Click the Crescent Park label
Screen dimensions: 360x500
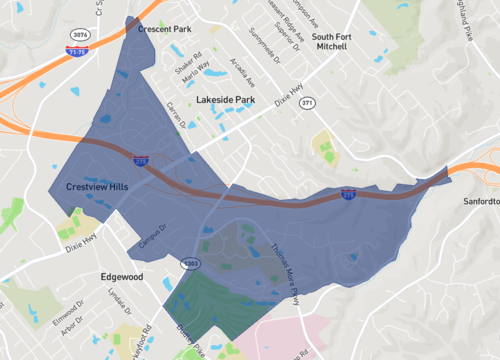point(164,29)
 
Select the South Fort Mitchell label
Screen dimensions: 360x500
point(331,41)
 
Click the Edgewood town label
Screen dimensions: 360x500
point(123,276)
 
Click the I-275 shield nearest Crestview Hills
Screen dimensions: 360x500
point(140,158)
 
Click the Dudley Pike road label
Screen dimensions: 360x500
point(187,346)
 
